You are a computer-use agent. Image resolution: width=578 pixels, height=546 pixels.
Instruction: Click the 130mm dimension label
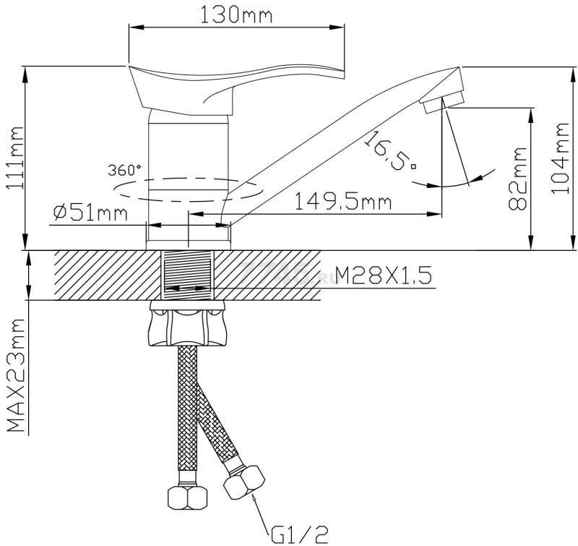coord(236,15)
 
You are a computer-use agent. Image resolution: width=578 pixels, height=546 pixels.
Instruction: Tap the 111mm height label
coord(15,158)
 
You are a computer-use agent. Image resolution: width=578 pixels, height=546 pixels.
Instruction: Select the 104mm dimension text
coord(560,158)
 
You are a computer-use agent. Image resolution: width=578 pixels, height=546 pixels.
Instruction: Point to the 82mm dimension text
coord(517,179)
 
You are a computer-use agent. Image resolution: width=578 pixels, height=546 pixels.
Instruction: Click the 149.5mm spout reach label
coord(342,202)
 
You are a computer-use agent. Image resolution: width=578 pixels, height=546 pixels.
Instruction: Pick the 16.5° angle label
coord(390,151)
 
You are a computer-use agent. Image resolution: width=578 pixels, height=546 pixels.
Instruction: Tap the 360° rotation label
coord(124,170)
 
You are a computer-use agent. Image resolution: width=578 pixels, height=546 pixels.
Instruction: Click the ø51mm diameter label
coord(90,213)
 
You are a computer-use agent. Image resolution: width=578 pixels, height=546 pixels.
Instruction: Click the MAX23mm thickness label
coord(15,375)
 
